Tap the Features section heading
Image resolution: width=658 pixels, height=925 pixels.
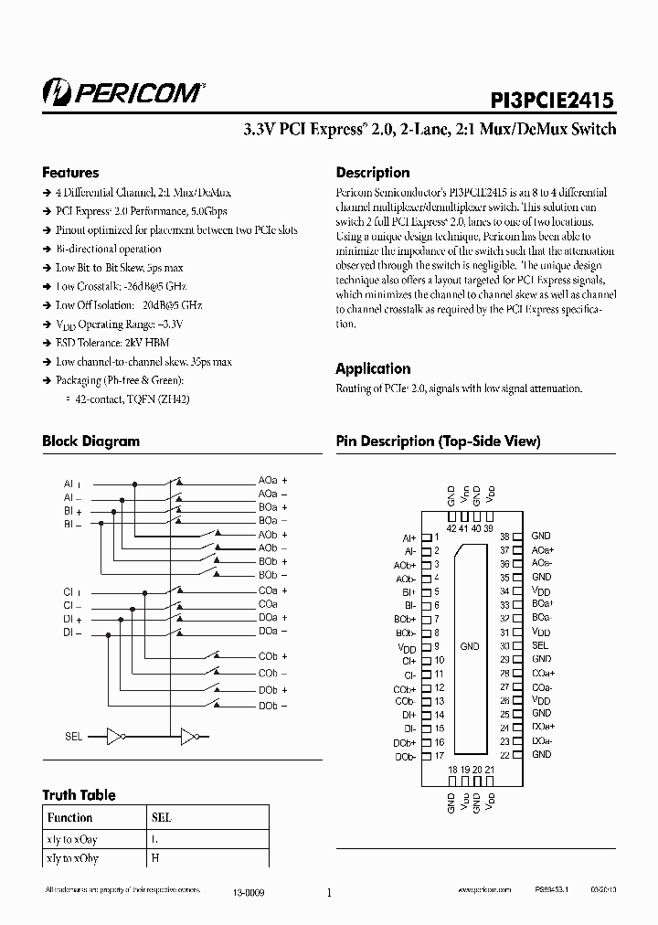click(70, 173)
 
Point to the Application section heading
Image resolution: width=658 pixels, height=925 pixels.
click(373, 368)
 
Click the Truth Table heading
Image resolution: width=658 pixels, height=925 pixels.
click(80, 794)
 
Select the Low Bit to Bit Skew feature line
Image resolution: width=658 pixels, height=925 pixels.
click(119, 268)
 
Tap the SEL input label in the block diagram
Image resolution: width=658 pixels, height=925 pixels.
click(73, 735)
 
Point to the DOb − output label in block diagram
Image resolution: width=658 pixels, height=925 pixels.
click(272, 706)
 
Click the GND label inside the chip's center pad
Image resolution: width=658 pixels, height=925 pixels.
click(470, 646)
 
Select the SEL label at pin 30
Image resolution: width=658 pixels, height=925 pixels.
click(540, 645)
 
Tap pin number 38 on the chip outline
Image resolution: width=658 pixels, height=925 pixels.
click(504, 536)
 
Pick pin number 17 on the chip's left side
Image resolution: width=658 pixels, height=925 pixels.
click(440, 756)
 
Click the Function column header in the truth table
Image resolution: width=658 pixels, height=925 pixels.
click(69, 818)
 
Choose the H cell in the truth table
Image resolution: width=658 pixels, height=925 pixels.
click(154, 858)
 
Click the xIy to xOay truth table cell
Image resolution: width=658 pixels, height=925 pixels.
click(71, 838)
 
